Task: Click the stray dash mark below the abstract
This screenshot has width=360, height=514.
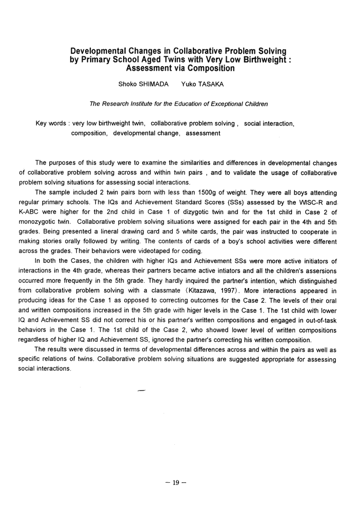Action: click(x=142, y=391)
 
